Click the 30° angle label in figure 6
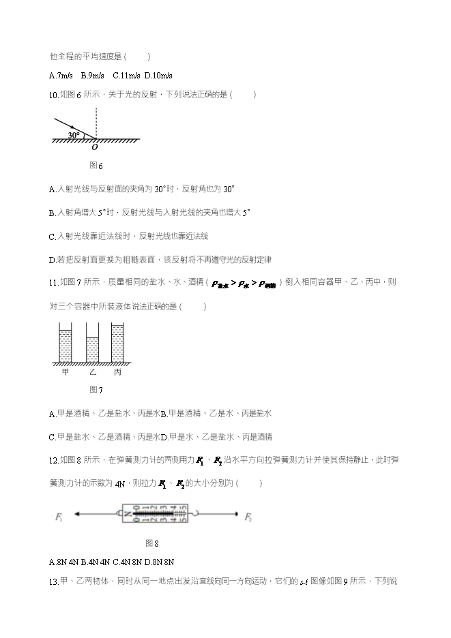[73, 135]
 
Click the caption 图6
[96, 166]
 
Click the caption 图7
[96, 391]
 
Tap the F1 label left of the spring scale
[59, 518]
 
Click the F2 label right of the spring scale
[248, 518]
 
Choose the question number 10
[54, 95]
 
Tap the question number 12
[54, 461]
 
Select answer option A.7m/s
[61, 75]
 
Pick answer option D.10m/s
[159, 75]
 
